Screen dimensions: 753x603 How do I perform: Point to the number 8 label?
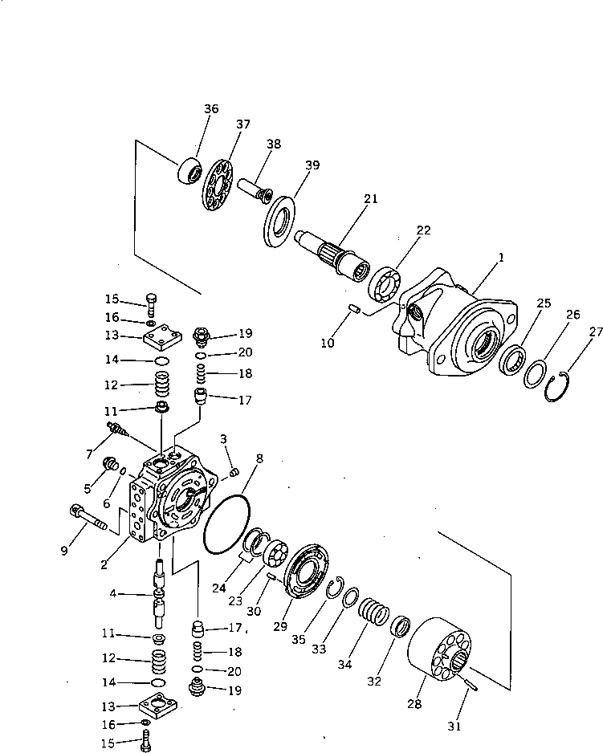(x=259, y=458)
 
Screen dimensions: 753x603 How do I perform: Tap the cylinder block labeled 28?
(x=446, y=652)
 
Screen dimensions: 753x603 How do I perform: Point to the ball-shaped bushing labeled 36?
(x=189, y=171)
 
